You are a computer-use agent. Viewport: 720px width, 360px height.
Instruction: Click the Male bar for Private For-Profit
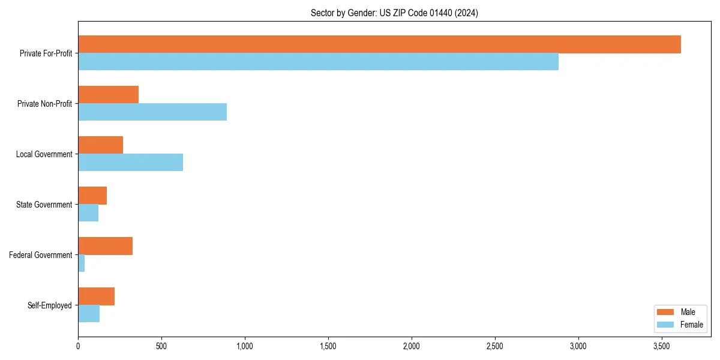click(x=379, y=44)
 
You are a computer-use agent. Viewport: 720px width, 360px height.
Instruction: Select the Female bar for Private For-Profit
click(x=318, y=62)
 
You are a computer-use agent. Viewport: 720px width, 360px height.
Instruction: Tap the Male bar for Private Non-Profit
click(x=108, y=95)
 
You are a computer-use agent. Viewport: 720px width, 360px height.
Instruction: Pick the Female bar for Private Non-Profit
click(x=152, y=112)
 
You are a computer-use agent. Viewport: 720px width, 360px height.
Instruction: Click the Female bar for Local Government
click(x=130, y=163)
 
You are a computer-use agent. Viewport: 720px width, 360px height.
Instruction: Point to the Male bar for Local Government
click(x=100, y=145)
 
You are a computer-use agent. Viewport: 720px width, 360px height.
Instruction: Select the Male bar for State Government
click(x=92, y=196)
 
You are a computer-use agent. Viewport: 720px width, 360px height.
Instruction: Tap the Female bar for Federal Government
click(x=82, y=263)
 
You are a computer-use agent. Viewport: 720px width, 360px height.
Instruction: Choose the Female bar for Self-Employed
click(x=89, y=314)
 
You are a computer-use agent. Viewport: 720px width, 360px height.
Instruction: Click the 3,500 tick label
click(x=661, y=347)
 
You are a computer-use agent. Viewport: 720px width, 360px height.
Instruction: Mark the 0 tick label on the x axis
click(x=78, y=347)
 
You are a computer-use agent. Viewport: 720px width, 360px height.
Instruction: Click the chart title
click(x=394, y=13)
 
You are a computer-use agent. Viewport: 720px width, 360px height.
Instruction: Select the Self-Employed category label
click(x=49, y=305)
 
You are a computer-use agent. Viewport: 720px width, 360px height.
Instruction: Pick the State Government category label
click(x=44, y=205)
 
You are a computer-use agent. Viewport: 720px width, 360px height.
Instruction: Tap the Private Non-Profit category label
click(x=44, y=104)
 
